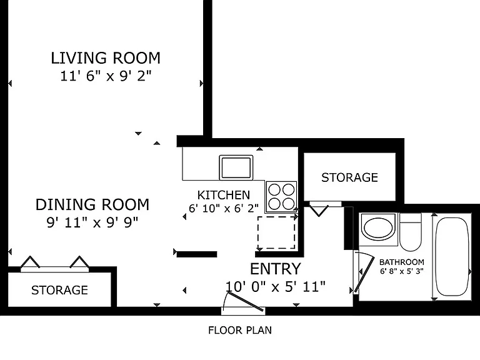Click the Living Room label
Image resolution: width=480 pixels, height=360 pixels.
tap(106, 58)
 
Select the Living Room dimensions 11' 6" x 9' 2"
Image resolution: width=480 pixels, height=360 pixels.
tap(106, 76)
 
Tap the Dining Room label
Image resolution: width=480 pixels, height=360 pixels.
tap(92, 204)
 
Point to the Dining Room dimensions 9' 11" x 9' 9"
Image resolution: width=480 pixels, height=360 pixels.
tap(92, 222)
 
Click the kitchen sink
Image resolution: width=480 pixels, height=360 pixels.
tap(236, 167)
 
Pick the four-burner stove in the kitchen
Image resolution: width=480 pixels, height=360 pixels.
tap(281, 197)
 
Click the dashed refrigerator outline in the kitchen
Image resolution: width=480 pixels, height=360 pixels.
tap(276, 233)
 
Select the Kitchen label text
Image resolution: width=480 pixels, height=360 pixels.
tap(224, 195)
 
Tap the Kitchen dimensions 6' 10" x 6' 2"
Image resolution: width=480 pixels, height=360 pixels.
tap(224, 209)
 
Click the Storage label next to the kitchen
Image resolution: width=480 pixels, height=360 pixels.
tap(349, 177)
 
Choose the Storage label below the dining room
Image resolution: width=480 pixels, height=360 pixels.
tap(60, 290)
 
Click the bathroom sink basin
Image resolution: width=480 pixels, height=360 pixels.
tap(378, 227)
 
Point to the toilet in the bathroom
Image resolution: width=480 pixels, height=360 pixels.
tap(411, 232)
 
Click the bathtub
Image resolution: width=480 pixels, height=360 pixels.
tap(452, 256)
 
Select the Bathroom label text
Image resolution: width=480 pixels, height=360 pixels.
tap(402, 262)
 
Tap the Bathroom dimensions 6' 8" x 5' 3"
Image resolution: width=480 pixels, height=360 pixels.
tap(402, 271)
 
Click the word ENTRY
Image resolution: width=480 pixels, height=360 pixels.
tap(276, 269)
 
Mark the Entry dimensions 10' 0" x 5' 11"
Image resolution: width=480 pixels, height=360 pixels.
tap(275, 287)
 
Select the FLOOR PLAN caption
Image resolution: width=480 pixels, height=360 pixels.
tap(240, 330)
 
